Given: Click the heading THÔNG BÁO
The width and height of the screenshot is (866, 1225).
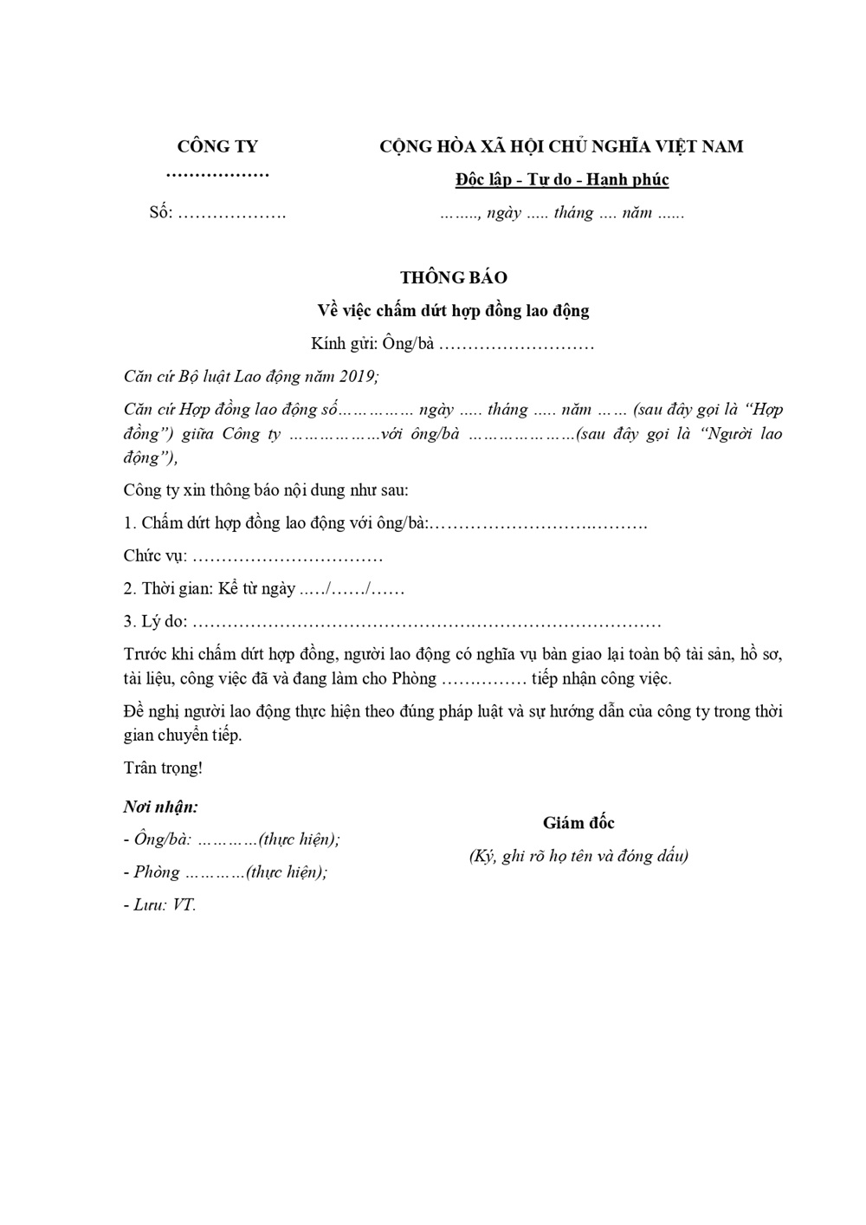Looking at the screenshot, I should click(453, 278).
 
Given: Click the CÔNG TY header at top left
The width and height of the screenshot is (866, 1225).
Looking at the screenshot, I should click(217, 146).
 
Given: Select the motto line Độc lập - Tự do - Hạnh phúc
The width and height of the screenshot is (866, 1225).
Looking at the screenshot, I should click(562, 180).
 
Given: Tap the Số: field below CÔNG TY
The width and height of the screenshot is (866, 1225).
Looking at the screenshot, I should click(217, 213).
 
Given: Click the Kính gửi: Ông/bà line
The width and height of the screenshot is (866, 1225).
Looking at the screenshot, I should click(452, 344).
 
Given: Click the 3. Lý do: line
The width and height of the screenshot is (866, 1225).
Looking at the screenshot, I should click(392, 622).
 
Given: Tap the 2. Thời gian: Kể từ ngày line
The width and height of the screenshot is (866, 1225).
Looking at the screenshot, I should click(263, 589).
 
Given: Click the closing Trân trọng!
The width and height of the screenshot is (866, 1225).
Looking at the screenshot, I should click(163, 768).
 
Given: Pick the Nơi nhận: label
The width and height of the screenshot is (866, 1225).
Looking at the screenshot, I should click(161, 807).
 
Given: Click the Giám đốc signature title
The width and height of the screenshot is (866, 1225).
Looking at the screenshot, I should click(578, 823).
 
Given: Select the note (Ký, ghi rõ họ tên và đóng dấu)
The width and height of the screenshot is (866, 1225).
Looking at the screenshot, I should click(578, 856).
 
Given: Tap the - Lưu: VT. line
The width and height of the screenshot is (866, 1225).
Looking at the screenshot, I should click(160, 905).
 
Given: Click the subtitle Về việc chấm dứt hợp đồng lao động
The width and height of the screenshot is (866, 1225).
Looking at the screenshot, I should click(453, 310).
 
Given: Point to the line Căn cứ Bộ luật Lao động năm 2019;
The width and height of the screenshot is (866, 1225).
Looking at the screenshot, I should click(251, 377).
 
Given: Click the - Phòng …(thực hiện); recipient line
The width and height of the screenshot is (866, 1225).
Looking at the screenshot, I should click(225, 872).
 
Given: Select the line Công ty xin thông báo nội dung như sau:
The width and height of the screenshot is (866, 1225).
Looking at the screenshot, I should click(266, 490).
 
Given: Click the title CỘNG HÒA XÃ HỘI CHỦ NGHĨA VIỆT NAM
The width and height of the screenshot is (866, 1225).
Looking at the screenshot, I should click(561, 146).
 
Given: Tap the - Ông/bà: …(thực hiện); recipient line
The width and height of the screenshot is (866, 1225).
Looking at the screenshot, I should click(231, 839).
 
